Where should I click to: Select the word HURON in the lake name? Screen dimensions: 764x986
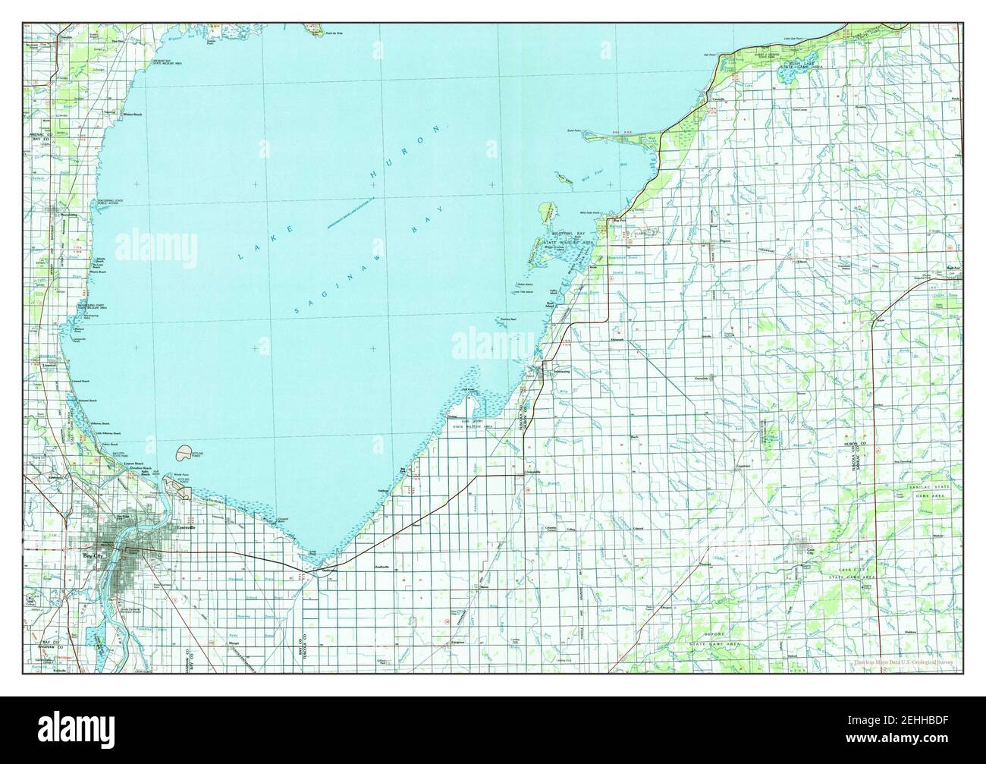tap(404, 153)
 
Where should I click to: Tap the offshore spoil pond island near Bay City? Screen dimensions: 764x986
tap(184, 454)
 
